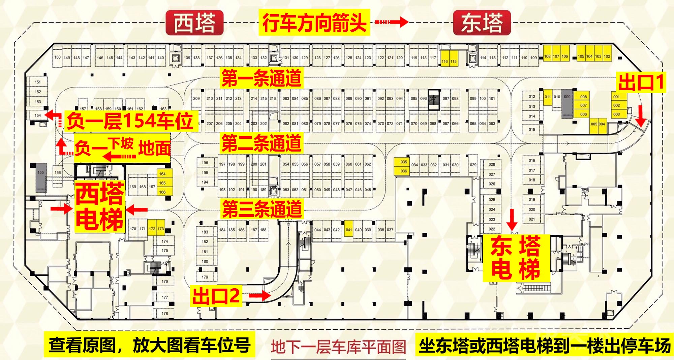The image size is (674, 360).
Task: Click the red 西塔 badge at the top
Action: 194,23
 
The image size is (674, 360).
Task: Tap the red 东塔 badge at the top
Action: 482,23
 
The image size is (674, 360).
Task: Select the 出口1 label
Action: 641,82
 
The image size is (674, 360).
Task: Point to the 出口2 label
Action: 216,296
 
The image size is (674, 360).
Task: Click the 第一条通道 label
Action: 261,78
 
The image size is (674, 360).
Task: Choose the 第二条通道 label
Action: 261,143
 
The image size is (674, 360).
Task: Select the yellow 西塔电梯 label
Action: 99,206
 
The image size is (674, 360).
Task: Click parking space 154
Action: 38,115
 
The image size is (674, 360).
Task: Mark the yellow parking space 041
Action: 349,230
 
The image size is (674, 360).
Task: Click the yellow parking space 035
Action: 404,162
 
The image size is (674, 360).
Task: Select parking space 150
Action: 58,57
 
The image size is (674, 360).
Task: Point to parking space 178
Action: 164,313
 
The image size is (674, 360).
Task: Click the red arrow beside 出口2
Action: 260,296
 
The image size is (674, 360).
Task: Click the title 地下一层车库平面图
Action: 338,347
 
